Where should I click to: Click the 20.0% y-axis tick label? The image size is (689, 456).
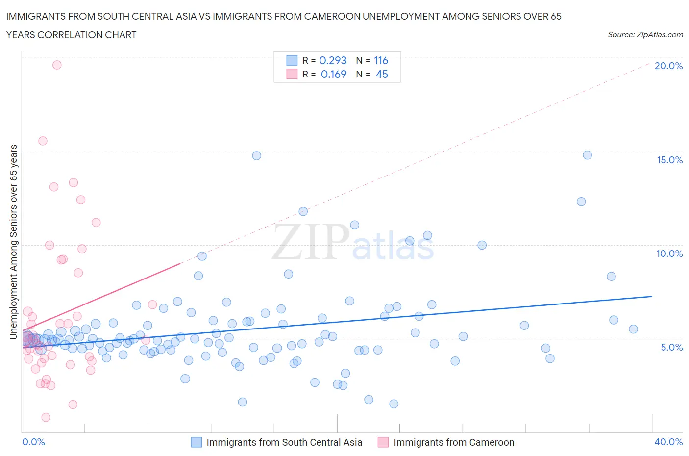(x=668, y=66)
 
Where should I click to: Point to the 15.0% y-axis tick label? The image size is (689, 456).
(x=669, y=160)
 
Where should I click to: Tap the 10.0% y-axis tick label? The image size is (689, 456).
(x=669, y=253)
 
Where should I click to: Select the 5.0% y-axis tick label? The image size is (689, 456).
(x=671, y=347)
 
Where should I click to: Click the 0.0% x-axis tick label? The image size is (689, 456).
(x=33, y=442)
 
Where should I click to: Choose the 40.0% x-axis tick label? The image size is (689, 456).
(x=668, y=442)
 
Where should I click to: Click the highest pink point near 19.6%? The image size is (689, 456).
(x=57, y=65)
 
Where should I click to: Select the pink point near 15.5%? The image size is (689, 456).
(x=43, y=141)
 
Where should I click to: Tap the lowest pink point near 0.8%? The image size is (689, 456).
(x=46, y=417)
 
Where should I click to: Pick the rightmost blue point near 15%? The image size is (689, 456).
(x=587, y=155)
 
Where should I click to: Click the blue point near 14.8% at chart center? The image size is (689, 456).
(x=256, y=155)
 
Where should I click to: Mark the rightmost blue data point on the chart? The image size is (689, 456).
(x=633, y=329)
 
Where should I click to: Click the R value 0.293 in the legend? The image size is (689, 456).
(x=333, y=60)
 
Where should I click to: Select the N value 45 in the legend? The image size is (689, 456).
(x=382, y=74)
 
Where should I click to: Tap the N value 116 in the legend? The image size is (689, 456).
(x=381, y=60)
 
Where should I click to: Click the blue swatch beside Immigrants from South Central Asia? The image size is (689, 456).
(x=196, y=442)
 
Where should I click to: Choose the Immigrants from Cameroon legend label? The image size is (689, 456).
(x=454, y=442)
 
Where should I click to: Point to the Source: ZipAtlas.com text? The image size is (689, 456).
(x=645, y=34)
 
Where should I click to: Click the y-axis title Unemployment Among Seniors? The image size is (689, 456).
(x=14, y=242)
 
